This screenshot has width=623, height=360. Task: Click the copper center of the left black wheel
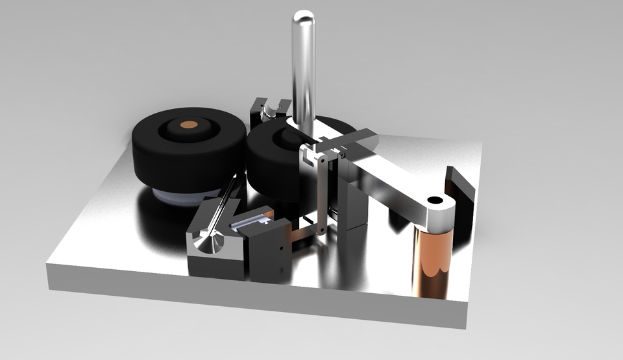(189, 123)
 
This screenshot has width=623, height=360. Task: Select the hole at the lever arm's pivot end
(434, 200)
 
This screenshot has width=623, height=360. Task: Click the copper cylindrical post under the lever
(429, 259)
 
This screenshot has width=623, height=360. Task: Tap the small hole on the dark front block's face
(280, 246)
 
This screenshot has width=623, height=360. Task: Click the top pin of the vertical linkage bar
(322, 158)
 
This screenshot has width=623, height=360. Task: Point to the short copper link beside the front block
(300, 235)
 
